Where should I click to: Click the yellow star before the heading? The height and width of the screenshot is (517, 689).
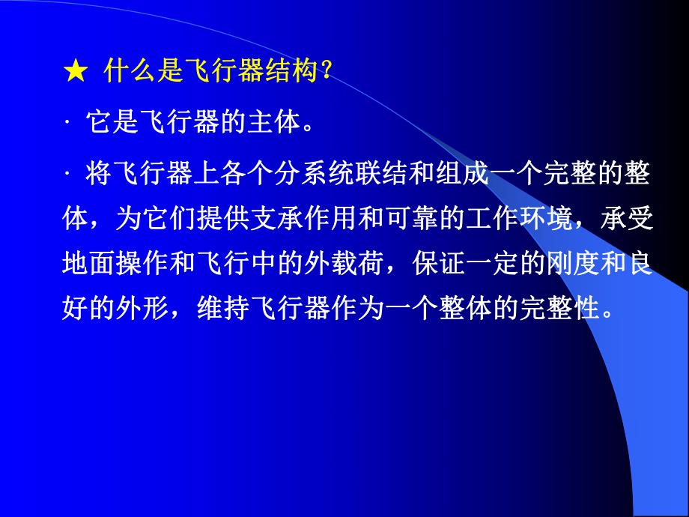(75, 73)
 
